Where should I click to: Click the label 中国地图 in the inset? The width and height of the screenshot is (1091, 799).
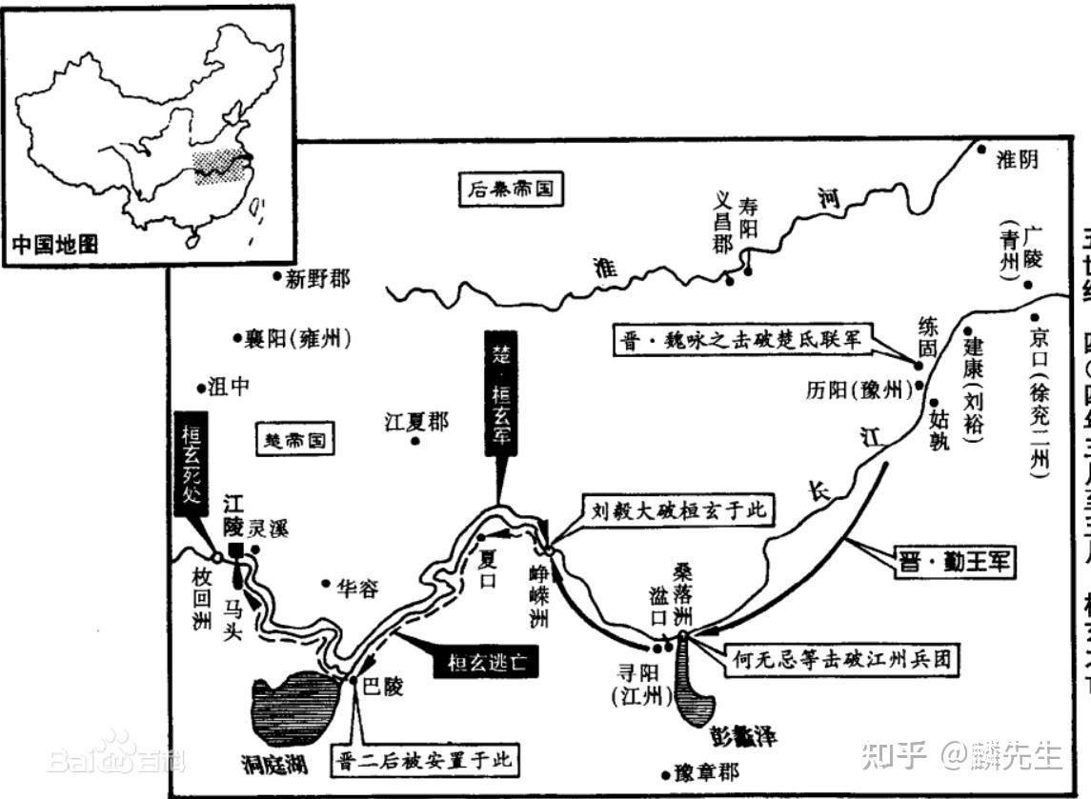click(55, 244)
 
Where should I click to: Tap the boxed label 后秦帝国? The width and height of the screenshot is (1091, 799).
click(510, 189)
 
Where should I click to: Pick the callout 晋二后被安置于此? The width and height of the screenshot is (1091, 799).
click(425, 759)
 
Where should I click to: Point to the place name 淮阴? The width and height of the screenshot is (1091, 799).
click(1017, 160)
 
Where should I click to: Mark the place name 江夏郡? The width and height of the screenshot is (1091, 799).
click(415, 422)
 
